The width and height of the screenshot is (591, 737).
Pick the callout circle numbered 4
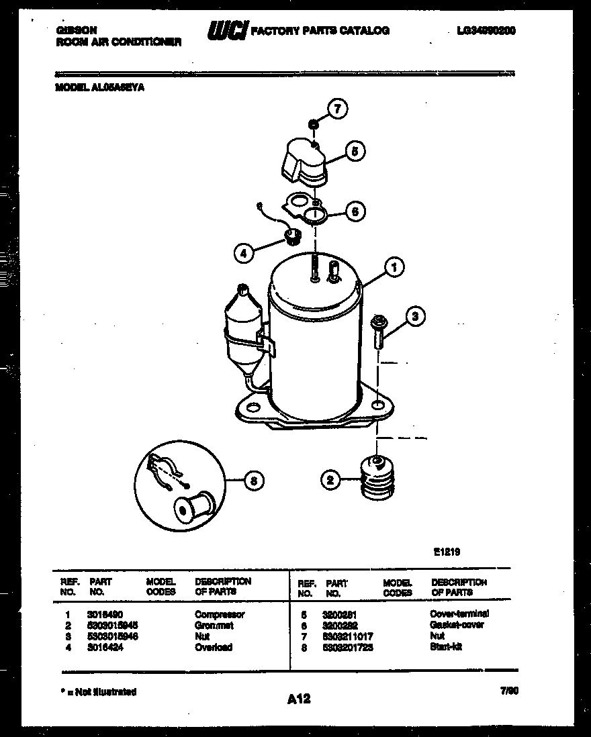coord(244,253)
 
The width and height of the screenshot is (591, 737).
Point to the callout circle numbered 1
coord(395,268)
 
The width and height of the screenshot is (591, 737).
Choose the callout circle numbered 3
coord(416,316)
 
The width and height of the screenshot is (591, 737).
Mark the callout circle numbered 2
coord(330,480)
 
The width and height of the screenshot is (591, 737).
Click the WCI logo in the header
coord(228,31)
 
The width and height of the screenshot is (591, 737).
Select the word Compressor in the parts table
coord(220,614)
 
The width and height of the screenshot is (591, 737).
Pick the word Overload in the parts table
coord(214,647)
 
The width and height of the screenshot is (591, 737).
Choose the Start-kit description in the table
coord(445,647)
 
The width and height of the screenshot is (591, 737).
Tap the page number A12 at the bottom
coord(299,699)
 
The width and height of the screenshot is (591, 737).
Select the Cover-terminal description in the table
coord(459,613)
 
